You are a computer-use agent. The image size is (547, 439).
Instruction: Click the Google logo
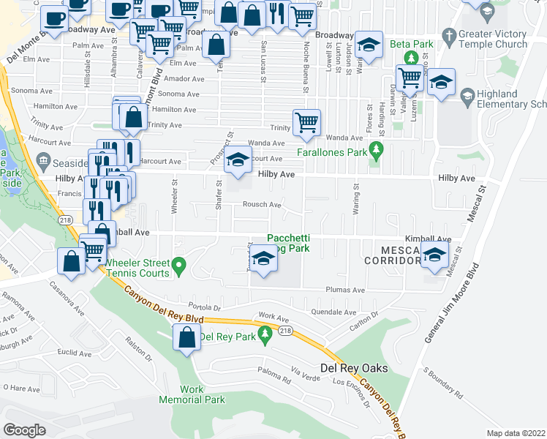[24, 430]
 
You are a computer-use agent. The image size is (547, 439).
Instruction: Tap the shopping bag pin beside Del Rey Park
[187, 338]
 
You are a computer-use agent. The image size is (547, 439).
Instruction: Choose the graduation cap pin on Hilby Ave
[237, 162]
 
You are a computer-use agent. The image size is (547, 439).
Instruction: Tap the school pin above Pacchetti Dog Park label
[263, 259]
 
